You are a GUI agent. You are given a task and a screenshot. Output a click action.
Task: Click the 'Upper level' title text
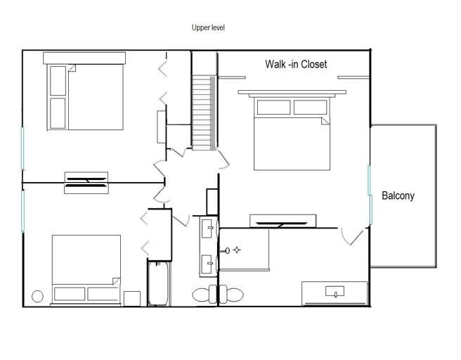click(x=208, y=27)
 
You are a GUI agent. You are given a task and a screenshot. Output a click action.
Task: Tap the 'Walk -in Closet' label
click(x=296, y=64)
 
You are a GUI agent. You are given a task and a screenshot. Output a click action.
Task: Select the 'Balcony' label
click(x=398, y=195)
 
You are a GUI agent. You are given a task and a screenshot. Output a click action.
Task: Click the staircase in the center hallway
click(x=204, y=113)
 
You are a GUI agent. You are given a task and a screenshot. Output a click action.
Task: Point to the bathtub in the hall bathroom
click(x=158, y=283)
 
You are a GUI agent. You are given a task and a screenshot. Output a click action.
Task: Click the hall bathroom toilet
click(x=204, y=294)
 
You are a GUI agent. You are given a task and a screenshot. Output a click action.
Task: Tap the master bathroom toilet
click(x=231, y=294)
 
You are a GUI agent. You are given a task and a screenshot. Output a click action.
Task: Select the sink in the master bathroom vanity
click(x=335, y=292)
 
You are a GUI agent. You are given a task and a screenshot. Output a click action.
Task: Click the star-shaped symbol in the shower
click(x=237, y=250)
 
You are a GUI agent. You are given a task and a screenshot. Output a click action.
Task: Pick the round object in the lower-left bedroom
click(x=37, y=297)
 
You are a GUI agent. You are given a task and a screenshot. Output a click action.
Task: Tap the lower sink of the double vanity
click(x=207, y=264)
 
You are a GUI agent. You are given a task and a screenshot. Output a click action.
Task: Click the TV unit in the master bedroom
click(x=283, y=221)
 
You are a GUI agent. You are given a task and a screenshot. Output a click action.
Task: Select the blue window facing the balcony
click(x=370, y=195)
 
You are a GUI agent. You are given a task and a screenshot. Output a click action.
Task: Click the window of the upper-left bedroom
click(x=22, y=148)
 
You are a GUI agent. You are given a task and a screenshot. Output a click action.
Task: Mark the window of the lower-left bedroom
click(x=22, y=211)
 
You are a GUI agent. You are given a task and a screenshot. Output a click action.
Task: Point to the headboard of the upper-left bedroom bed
click(x=84, y=58)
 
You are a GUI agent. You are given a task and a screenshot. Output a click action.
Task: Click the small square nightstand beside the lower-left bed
click(x=132, y=299)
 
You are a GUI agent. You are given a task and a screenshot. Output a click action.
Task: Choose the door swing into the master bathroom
click(x=353, y=236)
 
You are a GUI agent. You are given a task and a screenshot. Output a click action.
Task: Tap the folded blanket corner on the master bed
click(x=325, y=121)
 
